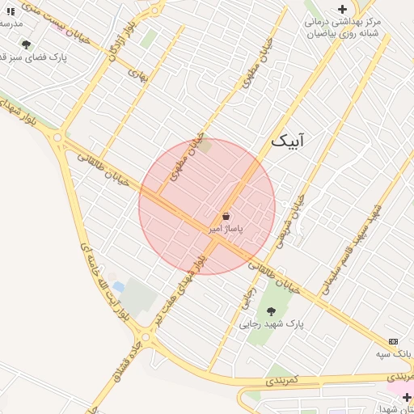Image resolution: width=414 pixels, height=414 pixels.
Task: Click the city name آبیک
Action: (x=289, y=141)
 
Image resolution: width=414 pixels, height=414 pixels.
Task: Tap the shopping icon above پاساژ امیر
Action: (x=226, y=217)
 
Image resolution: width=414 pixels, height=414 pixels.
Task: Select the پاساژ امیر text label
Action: (x=226, y=230)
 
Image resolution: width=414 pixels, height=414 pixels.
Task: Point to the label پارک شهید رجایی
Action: (x=272, y=323)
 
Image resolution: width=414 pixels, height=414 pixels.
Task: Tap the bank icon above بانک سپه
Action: (x=393, y=341)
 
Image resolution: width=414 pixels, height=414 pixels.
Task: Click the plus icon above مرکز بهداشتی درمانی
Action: (x=342, y=9)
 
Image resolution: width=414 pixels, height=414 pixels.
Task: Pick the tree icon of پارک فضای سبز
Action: (x=26, y=44)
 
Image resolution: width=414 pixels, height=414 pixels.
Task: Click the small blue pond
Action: (x=119, y=287)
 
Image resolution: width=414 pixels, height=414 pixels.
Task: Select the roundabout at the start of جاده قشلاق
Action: (x=146, y=336)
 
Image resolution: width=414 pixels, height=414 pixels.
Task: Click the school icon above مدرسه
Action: (x=11, y=11)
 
